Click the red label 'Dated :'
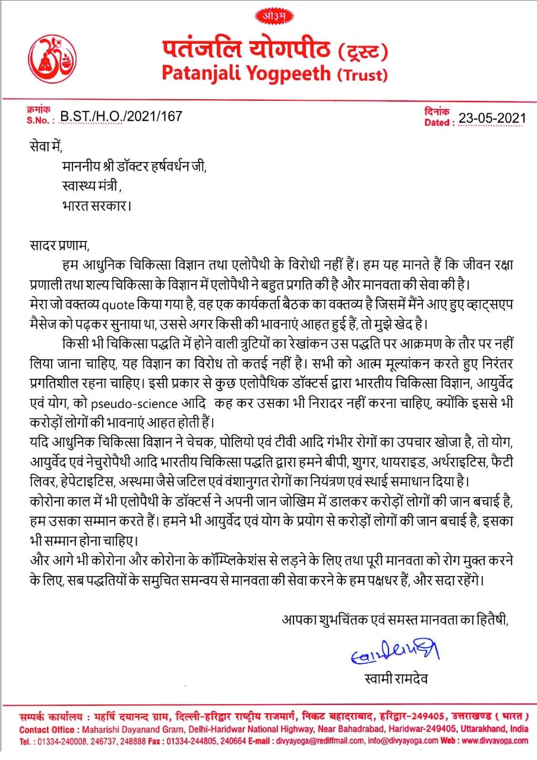point(440,122)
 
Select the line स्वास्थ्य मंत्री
point(91,186)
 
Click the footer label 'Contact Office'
point(47,729)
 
